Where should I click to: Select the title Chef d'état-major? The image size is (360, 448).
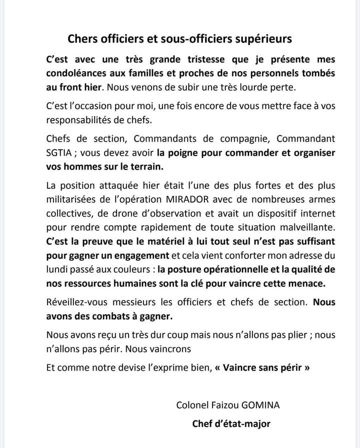(231, 423)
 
